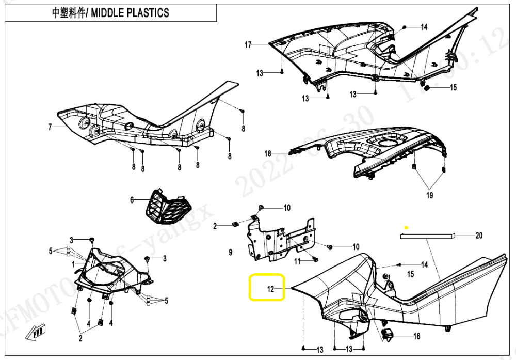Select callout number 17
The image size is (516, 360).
click(248, 45)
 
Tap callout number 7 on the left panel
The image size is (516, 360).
click(50, 127)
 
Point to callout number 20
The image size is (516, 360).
click(479, 236)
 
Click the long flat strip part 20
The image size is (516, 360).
click(428, 236)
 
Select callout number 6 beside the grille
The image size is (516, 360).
click(132, 200)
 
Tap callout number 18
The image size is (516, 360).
click(268, 153)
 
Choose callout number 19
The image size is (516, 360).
click(429, 195)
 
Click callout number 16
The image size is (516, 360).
click(416, 336)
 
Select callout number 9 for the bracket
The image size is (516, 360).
click(231, 253)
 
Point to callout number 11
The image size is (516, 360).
click(297, 262)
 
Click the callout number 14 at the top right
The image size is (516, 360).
click(424, 27)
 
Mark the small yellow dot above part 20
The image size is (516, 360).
click(406, 227)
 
